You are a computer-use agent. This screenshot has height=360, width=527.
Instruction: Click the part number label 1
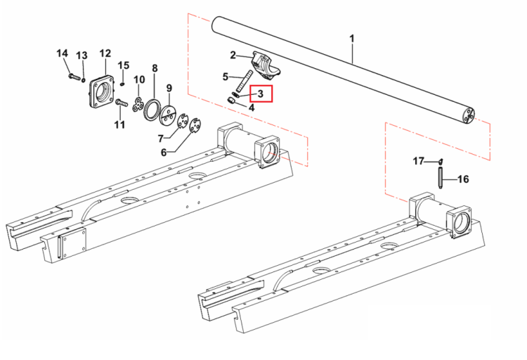[x=351, y=39]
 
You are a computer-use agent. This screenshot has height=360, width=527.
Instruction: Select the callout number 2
[x=233, y=55]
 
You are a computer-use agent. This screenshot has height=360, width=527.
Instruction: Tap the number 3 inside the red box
[x=261, y=94]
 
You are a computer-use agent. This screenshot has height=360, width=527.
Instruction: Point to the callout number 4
[x=252, y=108]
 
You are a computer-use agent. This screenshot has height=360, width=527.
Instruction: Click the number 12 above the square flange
[x=105, y=53]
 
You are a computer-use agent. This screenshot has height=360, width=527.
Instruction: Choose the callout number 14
[x=62, y=53]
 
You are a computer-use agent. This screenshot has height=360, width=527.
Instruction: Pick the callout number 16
[x=463, y=179]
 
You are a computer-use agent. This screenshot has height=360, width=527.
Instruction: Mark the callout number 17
[x=419, y=161]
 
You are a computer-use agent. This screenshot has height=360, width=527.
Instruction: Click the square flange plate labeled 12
[x=102, y=91]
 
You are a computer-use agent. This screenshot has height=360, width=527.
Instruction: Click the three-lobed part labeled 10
[x=138, y=103]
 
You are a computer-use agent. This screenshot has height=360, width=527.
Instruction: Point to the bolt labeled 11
[x=122, y=102]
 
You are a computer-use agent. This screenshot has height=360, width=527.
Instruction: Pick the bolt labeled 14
[x=74, y=77]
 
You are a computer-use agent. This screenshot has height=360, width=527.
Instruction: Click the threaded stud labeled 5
[x=244, y=80]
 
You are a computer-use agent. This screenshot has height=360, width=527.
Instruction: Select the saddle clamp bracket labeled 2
[x=266, y=65]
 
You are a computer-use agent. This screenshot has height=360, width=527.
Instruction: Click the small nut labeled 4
[x=230, y=101]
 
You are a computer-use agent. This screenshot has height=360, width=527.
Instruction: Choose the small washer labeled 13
[x=83, y=79]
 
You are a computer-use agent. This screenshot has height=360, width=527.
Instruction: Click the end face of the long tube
[x=468, y=116]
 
